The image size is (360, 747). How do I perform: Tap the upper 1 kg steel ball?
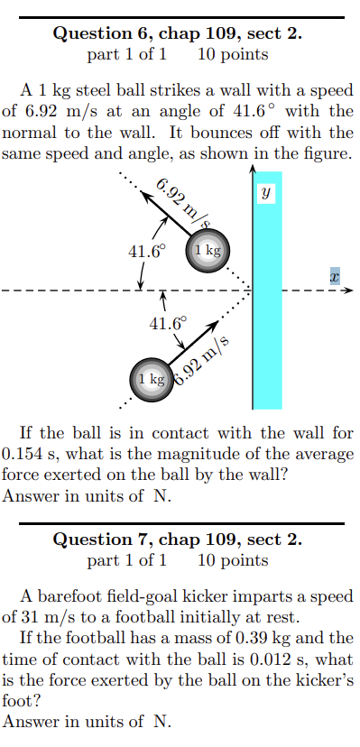208,249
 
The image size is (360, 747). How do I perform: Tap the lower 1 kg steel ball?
152,379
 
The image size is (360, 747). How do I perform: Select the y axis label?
266,193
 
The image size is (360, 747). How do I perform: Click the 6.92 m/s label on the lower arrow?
204,361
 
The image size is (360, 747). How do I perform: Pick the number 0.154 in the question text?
22,452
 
